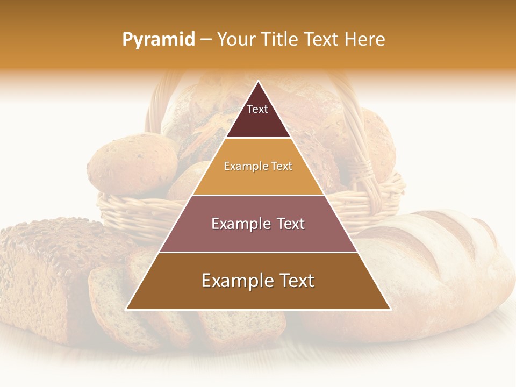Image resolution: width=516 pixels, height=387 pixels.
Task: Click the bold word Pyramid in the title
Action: (x=159, y=40)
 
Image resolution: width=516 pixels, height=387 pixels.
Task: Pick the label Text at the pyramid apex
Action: (x=257, y=109)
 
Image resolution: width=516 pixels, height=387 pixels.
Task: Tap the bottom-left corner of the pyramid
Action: (x=127, y=309)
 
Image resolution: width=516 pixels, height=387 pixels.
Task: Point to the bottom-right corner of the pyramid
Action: (x=390, y=309)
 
